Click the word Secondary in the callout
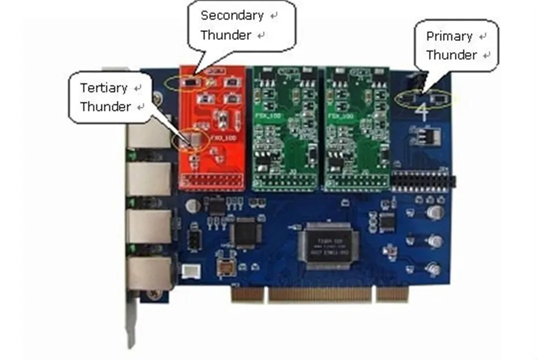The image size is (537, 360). tap(232, 15)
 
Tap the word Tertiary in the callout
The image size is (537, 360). tap(103, 88)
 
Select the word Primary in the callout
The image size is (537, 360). tap(449, 36)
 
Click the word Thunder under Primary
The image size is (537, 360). tap(451, 55)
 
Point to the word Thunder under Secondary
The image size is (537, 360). tap(226, 35)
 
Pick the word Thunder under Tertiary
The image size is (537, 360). tap(105, 106)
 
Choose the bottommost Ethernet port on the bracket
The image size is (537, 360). tap(149, 273)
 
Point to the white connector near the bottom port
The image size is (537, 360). tap(190, 270)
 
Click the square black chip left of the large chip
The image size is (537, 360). tap(244, 231)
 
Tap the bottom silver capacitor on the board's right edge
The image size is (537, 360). tap(434, 269)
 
